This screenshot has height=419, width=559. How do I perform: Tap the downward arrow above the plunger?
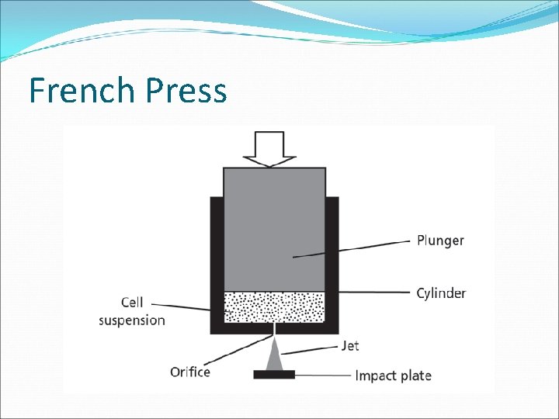269,148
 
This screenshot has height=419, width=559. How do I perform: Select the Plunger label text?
439,241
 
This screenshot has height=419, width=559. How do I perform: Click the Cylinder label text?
441,293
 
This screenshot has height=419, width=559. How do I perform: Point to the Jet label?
350,345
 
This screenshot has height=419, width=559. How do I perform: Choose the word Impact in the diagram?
376,376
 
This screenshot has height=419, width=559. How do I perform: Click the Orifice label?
190,372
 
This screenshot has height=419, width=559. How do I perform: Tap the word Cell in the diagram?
132,303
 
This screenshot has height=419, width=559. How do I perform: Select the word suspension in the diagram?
132,320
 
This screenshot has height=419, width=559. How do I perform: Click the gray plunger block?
274,225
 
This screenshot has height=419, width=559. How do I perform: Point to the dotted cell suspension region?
274,306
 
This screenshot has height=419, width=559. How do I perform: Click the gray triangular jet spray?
274,358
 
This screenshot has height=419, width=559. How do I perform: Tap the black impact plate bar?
274,375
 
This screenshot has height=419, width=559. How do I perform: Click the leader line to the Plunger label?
357,248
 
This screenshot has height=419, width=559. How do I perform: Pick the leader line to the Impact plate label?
322,376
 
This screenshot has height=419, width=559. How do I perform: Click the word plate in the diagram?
416,376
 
